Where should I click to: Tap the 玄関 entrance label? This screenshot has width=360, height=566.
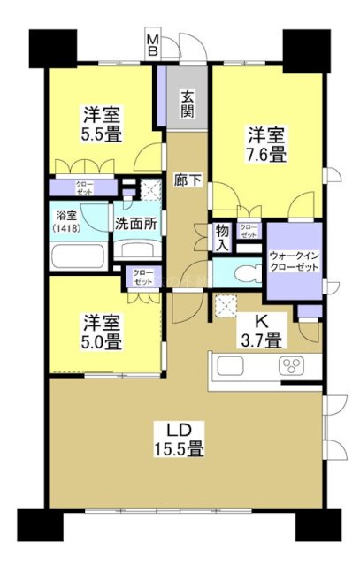(188, 104)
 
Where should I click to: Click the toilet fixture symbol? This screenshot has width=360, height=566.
(234, 275)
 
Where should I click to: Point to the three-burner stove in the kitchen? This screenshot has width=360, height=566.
(291, 367)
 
